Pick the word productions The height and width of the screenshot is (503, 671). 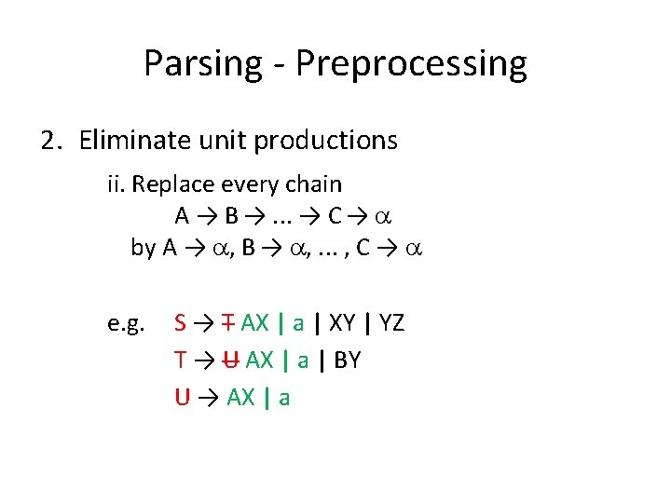click(x=325, y=141)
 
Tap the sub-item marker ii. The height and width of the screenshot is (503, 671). click(x=116, y=184)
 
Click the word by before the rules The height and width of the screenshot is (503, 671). click(x=143, y=248)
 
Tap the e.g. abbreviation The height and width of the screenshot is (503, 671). click(x=126, y=324)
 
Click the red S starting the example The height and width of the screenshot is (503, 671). click(x=180, y=323)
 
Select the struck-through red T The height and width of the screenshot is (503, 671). click(x=226, y=323)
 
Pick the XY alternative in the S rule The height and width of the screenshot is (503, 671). click(x=341, y=323)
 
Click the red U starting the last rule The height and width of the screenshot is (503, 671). click(x=182, y=398)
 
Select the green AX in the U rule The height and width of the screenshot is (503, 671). click(x=240, y=398)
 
